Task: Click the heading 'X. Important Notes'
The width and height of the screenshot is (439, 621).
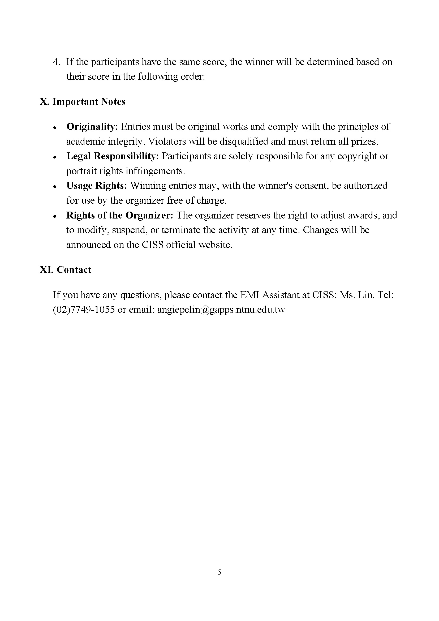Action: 83,102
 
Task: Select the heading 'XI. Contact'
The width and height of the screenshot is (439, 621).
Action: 66,270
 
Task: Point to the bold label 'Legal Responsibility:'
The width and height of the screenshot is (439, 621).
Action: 113,156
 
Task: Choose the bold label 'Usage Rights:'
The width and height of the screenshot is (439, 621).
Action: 97,186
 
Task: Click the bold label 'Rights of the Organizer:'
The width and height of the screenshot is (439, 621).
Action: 120,215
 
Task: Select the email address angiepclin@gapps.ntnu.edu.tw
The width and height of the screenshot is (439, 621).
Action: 221,309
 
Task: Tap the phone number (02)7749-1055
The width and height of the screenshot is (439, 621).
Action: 84,309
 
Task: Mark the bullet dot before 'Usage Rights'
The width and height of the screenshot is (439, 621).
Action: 55,187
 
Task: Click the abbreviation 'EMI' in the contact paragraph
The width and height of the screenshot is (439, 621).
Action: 249,295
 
